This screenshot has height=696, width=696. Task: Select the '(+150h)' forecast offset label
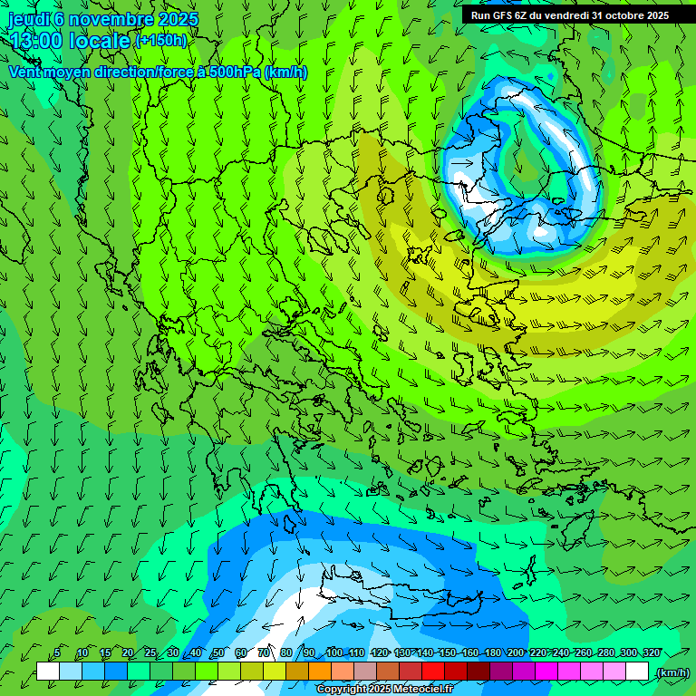click(x=161, y=40)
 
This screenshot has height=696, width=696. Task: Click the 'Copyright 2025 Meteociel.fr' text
click(x=383, y=689)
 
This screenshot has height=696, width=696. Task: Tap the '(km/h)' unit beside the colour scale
click(x=672, y=672)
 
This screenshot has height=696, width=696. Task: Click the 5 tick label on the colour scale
click(x=57, y=652)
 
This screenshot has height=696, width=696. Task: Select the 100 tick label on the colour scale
click(x=334, y=652)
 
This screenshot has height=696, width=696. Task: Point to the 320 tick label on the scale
click(x=651, y=652)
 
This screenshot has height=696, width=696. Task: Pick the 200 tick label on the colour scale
click(x=515, y=652)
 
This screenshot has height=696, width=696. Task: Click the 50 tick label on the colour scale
click(x=217, y=652)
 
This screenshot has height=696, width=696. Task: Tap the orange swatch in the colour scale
click(x=320, y=672)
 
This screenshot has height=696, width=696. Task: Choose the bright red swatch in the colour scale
click(x=433, y=672)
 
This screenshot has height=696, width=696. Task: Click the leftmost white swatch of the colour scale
click(x=48, y=672)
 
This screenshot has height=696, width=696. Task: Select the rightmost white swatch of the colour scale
click(x=637, y=672)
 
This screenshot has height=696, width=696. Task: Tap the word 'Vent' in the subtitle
click(x=26, y=72)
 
